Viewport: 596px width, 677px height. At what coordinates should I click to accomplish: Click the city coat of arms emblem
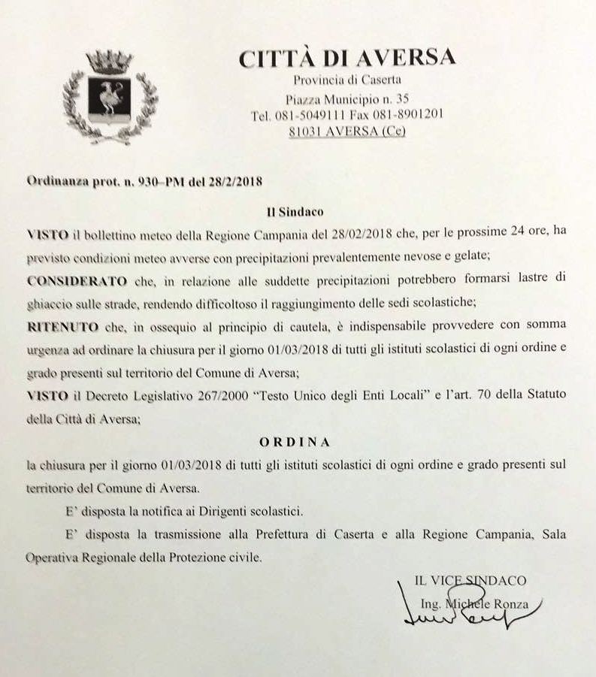coord(110,95)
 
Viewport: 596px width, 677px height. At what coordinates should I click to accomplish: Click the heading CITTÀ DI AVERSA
coord(346,58)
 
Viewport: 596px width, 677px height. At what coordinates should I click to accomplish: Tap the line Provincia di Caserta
coord(347,80)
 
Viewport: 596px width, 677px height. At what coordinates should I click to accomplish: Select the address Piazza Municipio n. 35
coord(347,98)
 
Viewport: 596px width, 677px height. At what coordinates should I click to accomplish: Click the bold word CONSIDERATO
coord(69,280)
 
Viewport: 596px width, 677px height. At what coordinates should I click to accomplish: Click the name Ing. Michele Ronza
coord(476,603)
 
